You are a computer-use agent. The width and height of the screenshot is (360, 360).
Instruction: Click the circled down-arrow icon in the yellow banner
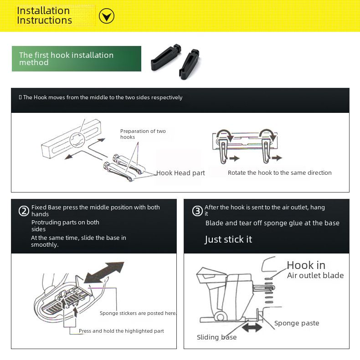[107, 16]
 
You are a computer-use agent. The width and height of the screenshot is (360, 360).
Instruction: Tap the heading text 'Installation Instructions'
[44, 15]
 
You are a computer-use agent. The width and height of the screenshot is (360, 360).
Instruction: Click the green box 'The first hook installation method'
[77, 59]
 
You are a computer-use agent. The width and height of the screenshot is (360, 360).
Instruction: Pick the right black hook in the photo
[189, 64]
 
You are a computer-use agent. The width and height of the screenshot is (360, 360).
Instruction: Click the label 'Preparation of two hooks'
[143, 134]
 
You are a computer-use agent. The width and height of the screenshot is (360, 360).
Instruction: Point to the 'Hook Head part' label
[180, 173]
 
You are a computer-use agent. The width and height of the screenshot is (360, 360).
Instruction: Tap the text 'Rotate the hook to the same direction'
[279, 172]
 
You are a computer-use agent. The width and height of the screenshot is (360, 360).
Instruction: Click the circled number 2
[24, 211]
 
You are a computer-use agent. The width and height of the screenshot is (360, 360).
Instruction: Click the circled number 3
[197, 211]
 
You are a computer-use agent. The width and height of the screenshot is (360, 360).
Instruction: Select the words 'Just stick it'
[228, 239]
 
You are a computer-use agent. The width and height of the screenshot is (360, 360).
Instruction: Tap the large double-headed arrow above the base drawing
[104, 272]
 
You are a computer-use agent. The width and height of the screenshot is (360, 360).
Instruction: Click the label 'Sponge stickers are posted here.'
[138, 313]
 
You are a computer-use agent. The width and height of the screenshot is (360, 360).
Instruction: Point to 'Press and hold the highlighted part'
[121, 331]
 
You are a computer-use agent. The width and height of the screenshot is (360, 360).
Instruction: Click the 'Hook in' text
[306, 265]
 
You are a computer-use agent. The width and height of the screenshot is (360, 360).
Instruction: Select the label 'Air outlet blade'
[315, 275]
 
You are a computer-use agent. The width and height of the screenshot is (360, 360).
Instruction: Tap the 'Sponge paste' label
[297, 323]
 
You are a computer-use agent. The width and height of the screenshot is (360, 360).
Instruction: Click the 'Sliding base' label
[216, 337]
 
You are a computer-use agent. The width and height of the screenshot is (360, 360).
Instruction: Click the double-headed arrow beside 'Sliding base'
[252, 327]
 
